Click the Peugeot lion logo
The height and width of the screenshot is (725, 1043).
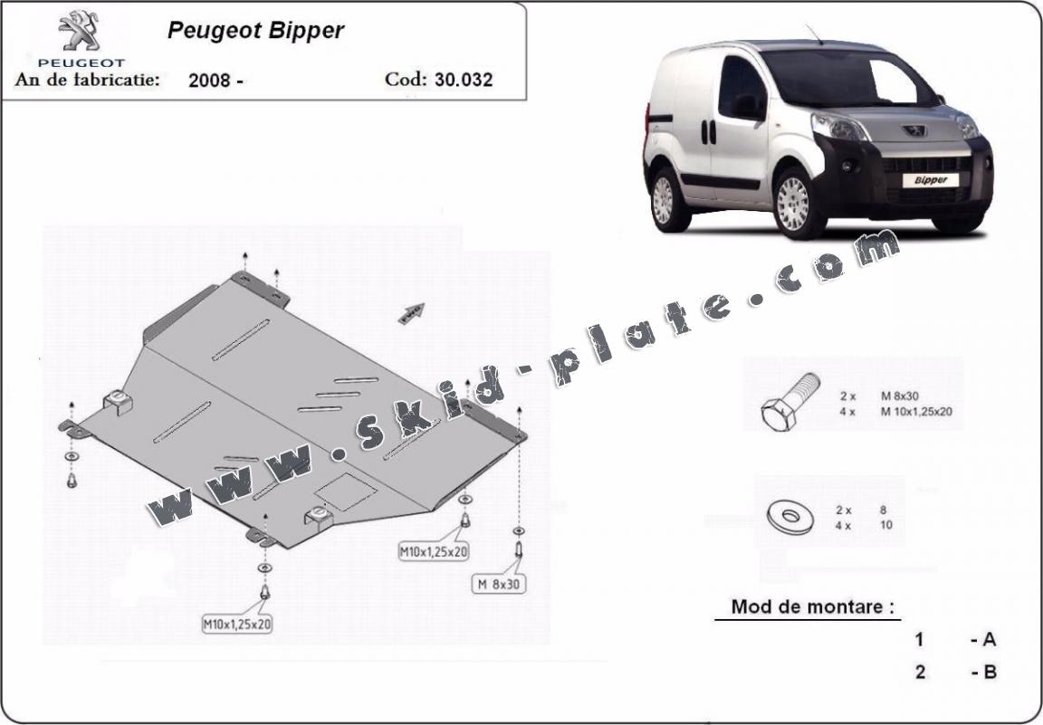[x=80, y=32]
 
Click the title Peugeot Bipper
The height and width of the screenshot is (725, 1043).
[x=255, y=31]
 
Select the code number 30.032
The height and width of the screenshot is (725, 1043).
[x=464, y=80]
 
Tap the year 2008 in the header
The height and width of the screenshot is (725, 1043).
[x=209, y=81]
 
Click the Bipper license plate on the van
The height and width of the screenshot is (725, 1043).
[x=930, y=180]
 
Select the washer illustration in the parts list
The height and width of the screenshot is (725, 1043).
[x=791, y=517]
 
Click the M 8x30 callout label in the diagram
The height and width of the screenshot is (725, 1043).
[x=499, y=584]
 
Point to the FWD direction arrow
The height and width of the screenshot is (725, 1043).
[x=411, y=313]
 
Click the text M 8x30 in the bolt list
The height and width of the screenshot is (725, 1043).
[x=900, y=396]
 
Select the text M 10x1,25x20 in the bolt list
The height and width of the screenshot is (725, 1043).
[x=916, y=412]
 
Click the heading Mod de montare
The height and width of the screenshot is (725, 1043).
[x=812, y=606]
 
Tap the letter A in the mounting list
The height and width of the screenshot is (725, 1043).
[x=989, y=639]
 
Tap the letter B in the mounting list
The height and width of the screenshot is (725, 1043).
[x=990, y=672]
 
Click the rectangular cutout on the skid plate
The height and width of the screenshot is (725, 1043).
[x=346, y=492]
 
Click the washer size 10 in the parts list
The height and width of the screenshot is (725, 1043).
[x=886, y=525]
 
